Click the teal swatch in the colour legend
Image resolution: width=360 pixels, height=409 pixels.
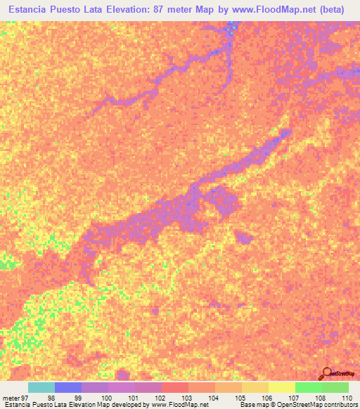(41, 387)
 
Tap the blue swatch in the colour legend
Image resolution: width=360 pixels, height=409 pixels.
(68, 387)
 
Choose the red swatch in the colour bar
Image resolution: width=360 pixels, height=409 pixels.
(175, 387)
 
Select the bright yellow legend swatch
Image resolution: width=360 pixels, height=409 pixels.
(282, 387)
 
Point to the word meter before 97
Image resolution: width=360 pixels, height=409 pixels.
(11, 398)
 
